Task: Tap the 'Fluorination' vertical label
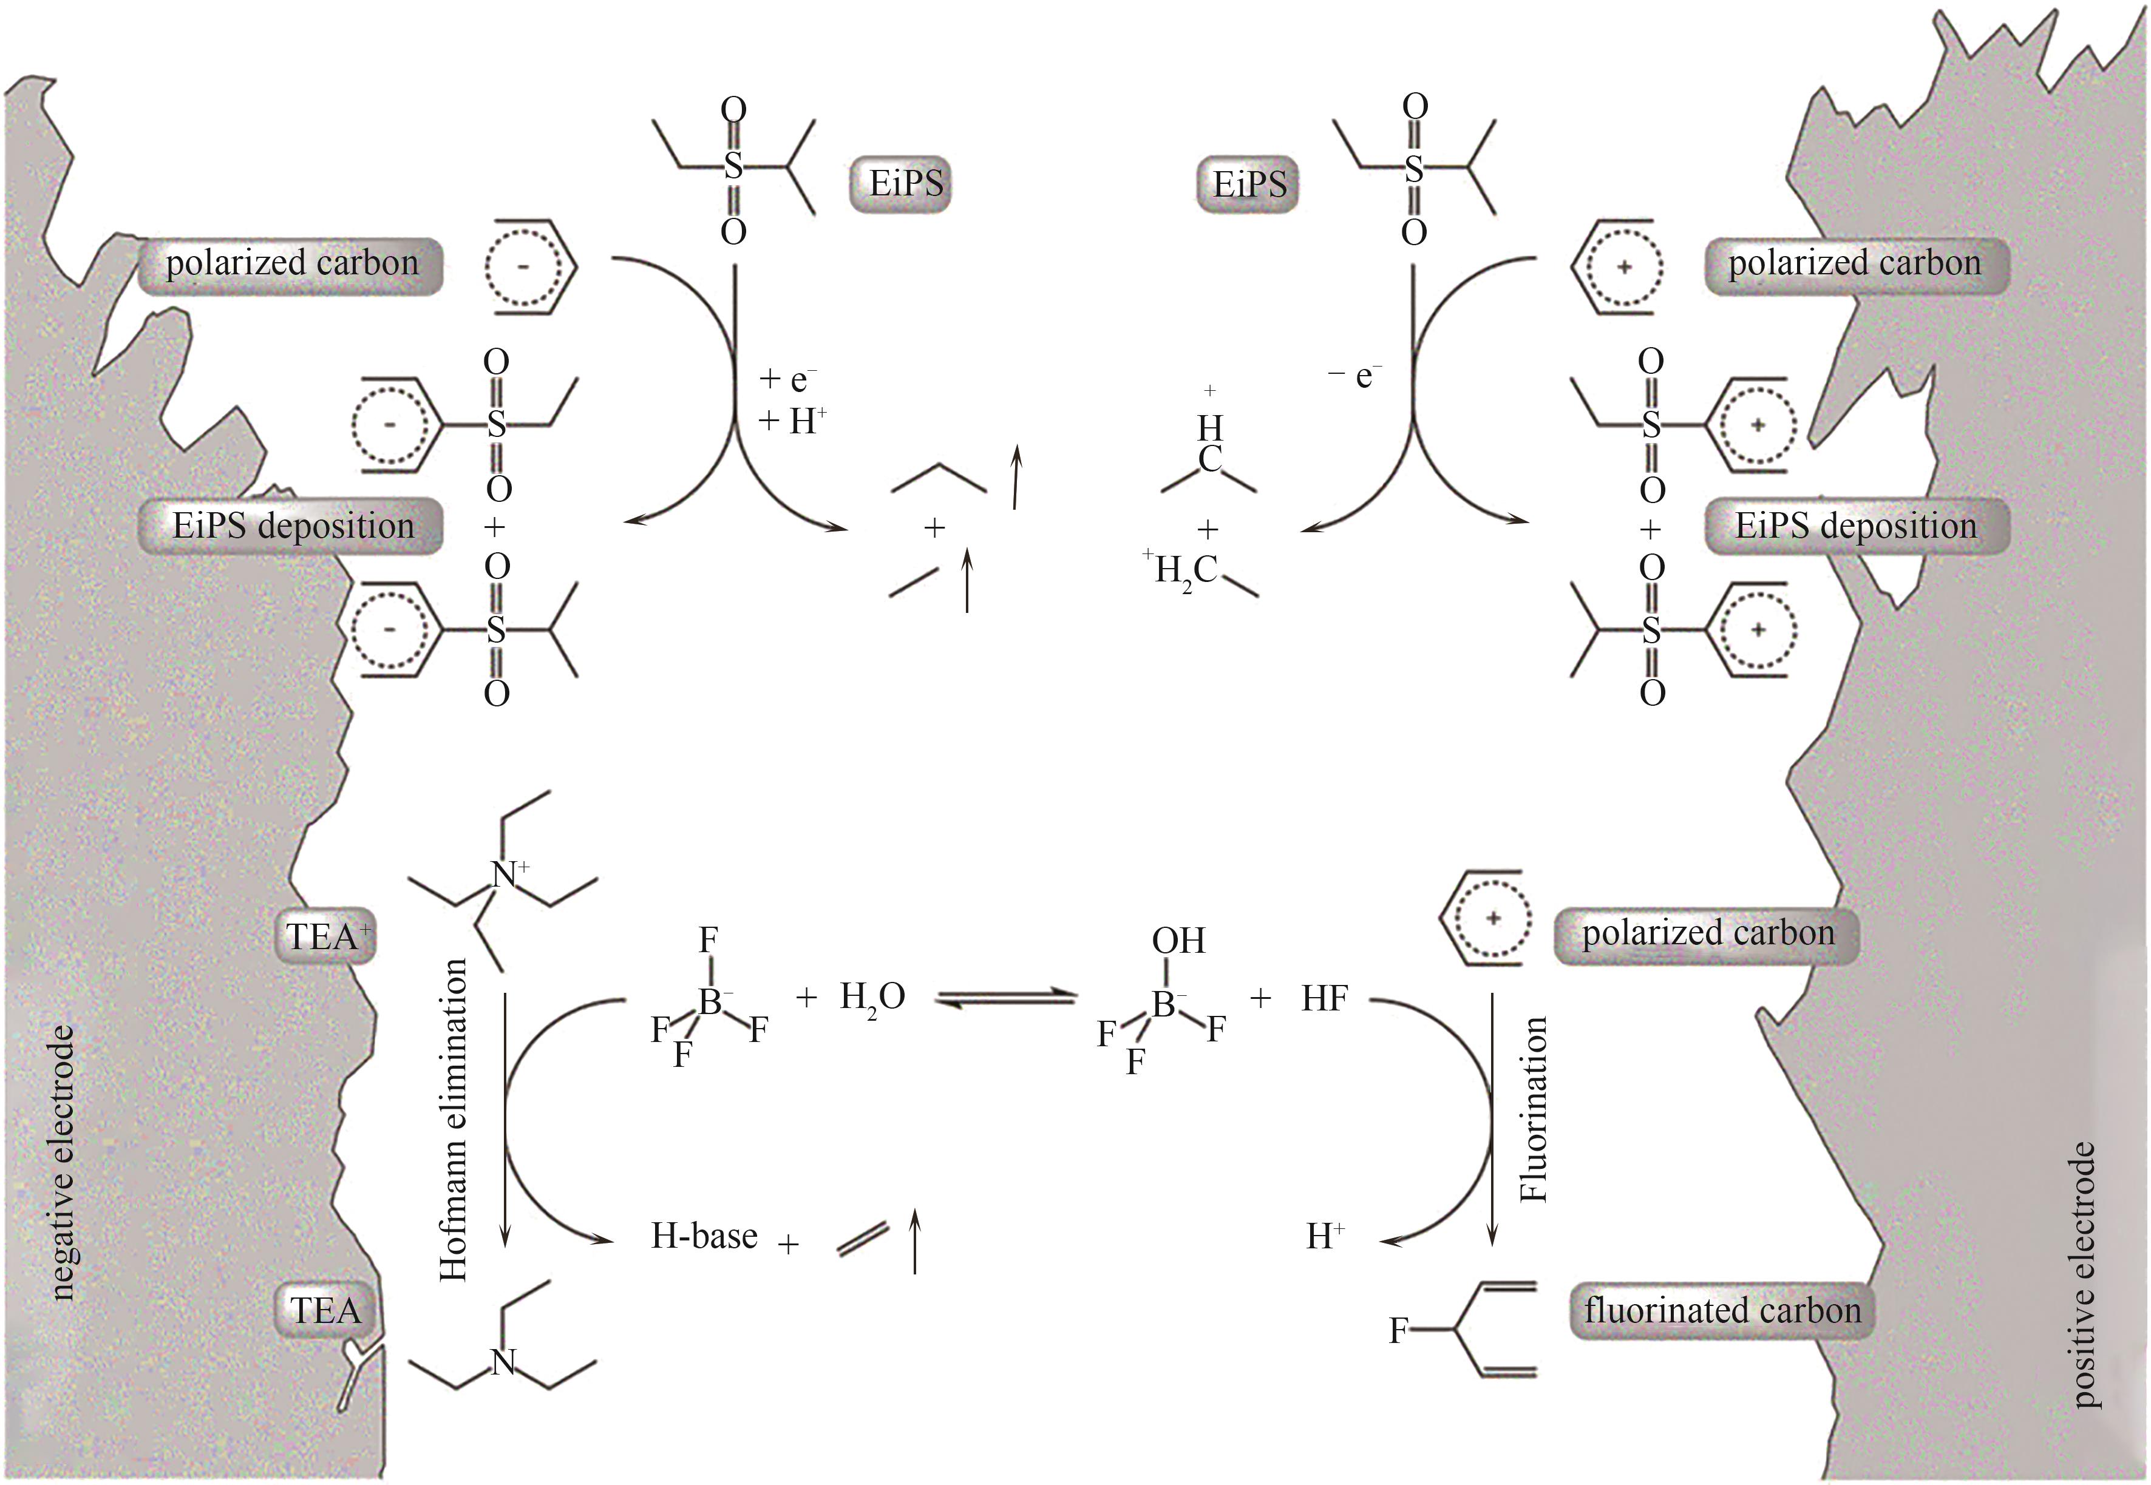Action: coord(1532,1109)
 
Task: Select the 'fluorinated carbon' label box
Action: coord(1721,1311)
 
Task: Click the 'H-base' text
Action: coord(704,1236)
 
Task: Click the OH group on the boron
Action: coord(1178,941)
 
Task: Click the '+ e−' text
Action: coord(787,379)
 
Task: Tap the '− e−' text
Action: coord(1354,376)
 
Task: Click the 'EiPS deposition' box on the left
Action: coord(292,527)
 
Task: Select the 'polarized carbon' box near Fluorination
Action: coord(1707,933)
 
